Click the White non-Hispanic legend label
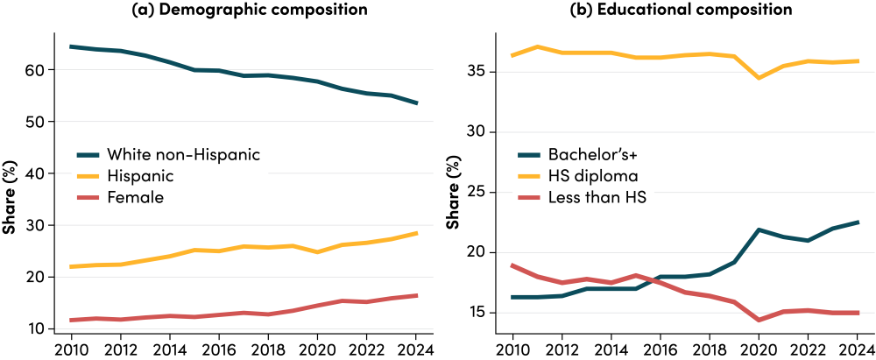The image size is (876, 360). click(x=183, y=154)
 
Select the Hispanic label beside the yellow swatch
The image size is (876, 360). click(x=140, y=176)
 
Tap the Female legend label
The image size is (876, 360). click(x=135, y=198)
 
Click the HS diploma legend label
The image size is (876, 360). click(x=592, y=176)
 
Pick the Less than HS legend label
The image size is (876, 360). click(x=597, y=198)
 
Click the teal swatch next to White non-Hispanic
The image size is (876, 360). click(x=88, y=154)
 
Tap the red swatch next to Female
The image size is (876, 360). click(x=88, y=198)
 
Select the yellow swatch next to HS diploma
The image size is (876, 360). click(x=529, y=176)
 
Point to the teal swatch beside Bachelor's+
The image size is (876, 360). click(x=529, y=154)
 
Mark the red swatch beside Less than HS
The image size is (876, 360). click(x=529, y=198)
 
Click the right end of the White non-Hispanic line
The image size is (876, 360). click(x=417, y=103)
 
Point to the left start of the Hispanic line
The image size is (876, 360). click(x=71, y=266)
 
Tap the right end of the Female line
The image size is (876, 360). click(x=417, y=295)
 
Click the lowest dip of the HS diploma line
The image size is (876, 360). click(x=759, y=78)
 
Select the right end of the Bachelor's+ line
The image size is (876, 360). click(x=858, y=222)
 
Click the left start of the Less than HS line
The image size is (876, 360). click(x=512, y=265)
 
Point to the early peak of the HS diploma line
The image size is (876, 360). click(x=537, y=46)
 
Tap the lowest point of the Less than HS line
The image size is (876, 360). click(x=759, y=321)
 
